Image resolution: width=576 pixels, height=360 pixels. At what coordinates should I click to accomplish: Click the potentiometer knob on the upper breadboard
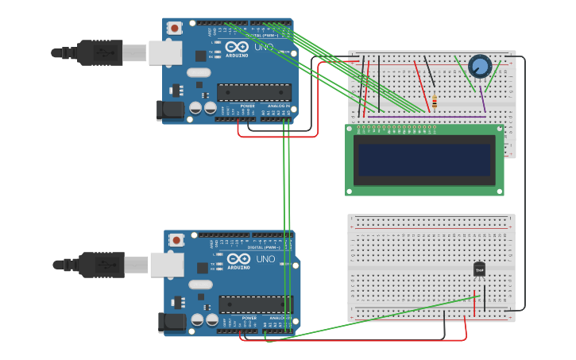(x=480, y=66)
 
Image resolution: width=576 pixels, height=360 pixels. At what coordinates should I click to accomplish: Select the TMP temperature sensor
(x=479, y=270)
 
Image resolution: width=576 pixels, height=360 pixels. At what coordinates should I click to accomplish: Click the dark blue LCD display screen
(x=424, y=160)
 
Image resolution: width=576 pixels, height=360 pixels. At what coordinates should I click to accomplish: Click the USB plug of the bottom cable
(x=100, y=265)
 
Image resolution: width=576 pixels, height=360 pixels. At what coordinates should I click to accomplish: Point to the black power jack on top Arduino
(x=169, y=110)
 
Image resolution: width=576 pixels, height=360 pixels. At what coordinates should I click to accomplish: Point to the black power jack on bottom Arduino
(x=171, y=323)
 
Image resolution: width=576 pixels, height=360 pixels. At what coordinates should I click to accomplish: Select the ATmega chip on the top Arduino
(x=253, y=92)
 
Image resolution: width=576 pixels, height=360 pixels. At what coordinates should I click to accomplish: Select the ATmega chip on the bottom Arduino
(x=255, y=304)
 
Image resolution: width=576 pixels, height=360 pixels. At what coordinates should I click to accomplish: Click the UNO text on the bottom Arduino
(x=265, y=259)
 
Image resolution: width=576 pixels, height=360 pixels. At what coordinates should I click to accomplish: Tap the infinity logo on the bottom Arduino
(x=239, y=259)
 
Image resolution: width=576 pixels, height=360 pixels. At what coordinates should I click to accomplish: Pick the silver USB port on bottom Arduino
(x=167, y=265)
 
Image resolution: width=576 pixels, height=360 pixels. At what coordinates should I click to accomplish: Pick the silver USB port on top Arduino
(x=165, y=52)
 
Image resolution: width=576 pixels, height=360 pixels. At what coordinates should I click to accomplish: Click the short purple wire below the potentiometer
(x=482, y=101)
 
